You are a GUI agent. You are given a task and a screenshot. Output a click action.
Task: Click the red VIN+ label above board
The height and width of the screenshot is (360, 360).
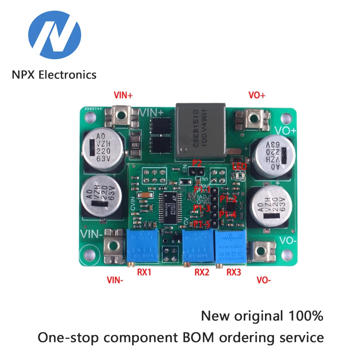pos(123,95)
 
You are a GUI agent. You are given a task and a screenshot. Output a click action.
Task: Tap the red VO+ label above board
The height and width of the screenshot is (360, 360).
pos(257,95)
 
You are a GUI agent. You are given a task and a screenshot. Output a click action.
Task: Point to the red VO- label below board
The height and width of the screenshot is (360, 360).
pos(264,280)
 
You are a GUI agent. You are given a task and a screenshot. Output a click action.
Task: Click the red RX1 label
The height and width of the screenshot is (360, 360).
pos(144,273)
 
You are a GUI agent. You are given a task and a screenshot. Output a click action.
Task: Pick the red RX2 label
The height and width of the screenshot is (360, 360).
pos(202,273)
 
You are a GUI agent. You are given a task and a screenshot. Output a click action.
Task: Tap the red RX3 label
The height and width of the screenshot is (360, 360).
pos(234,273)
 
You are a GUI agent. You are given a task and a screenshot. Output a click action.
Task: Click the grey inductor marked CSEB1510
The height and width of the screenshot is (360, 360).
pos(201,132)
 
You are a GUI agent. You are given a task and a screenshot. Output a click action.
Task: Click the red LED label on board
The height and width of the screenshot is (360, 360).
pos(239,166)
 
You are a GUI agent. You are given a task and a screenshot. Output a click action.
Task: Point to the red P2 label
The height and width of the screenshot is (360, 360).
pos(197,163)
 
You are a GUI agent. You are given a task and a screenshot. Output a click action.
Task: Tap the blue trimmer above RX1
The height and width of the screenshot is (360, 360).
pos(143,247)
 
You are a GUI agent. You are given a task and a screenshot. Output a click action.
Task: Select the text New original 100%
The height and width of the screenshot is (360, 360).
pos(262,316)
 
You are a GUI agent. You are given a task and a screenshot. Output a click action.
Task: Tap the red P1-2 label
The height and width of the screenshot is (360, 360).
pos(229,198)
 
